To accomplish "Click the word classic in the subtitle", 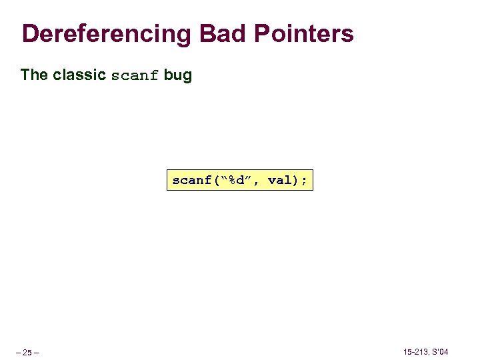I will click(x=79, y=75).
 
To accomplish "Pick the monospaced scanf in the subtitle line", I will click(x=135, y=75).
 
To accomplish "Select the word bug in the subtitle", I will click(x=178, y=75).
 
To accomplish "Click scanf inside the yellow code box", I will click(x=191, y=180).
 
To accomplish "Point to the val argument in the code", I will click(x=279, y=180).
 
